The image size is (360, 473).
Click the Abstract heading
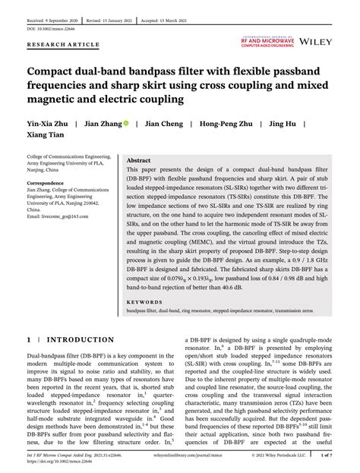click(x=138, y=162)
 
